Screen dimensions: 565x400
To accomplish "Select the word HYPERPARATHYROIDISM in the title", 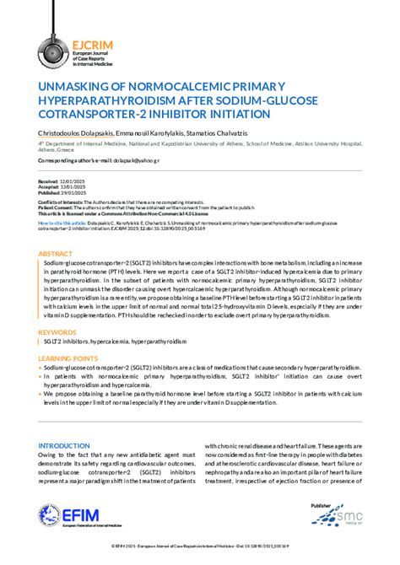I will pyautogui.click(x=109, y=101).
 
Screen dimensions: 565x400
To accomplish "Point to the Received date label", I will pyautogui.click(x=48, y=181).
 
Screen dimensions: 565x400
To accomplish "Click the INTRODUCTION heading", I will pyautogui.click(x=65, y=444).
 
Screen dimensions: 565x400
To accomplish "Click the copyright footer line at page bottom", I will pyautogui.click(x=200, y=547).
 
